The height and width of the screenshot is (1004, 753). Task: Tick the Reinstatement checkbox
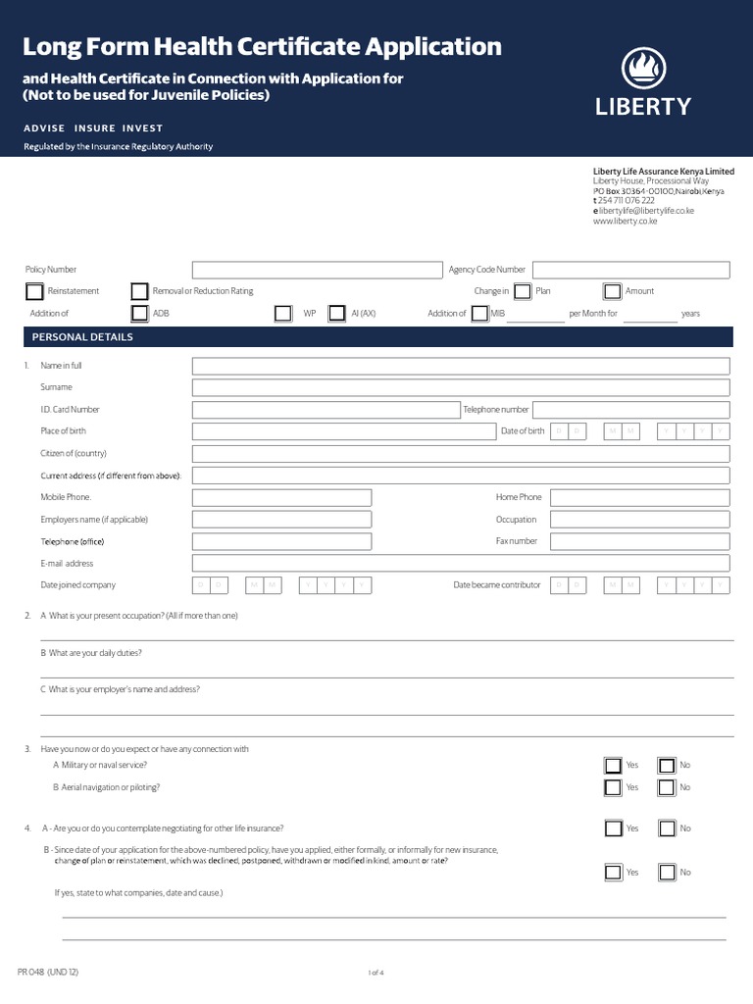(34, 291)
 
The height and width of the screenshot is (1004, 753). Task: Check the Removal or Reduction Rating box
(139, 291)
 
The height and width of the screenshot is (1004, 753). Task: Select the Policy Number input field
(317, 270)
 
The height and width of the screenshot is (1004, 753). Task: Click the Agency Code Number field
(631, 270)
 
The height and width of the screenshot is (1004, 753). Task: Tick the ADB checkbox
(139, 314)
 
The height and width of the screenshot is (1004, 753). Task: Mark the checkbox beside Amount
(612, 291)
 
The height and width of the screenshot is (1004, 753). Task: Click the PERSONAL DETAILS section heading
(82, 337)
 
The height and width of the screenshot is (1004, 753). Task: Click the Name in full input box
(461, 366)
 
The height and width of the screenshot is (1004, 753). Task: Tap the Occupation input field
(639, 520)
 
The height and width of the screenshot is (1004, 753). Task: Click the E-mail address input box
(461, 564)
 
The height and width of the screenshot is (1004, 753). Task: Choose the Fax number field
(639, 541)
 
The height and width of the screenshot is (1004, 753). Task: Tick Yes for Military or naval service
(613, 766)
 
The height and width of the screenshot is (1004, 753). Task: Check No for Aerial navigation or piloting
(667, 787)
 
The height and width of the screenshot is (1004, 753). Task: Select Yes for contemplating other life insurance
(613, 828)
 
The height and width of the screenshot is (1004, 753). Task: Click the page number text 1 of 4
(376, 973)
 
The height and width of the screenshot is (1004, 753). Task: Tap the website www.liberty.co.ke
(625, 222)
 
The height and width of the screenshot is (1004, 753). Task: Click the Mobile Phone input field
(281, 497)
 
